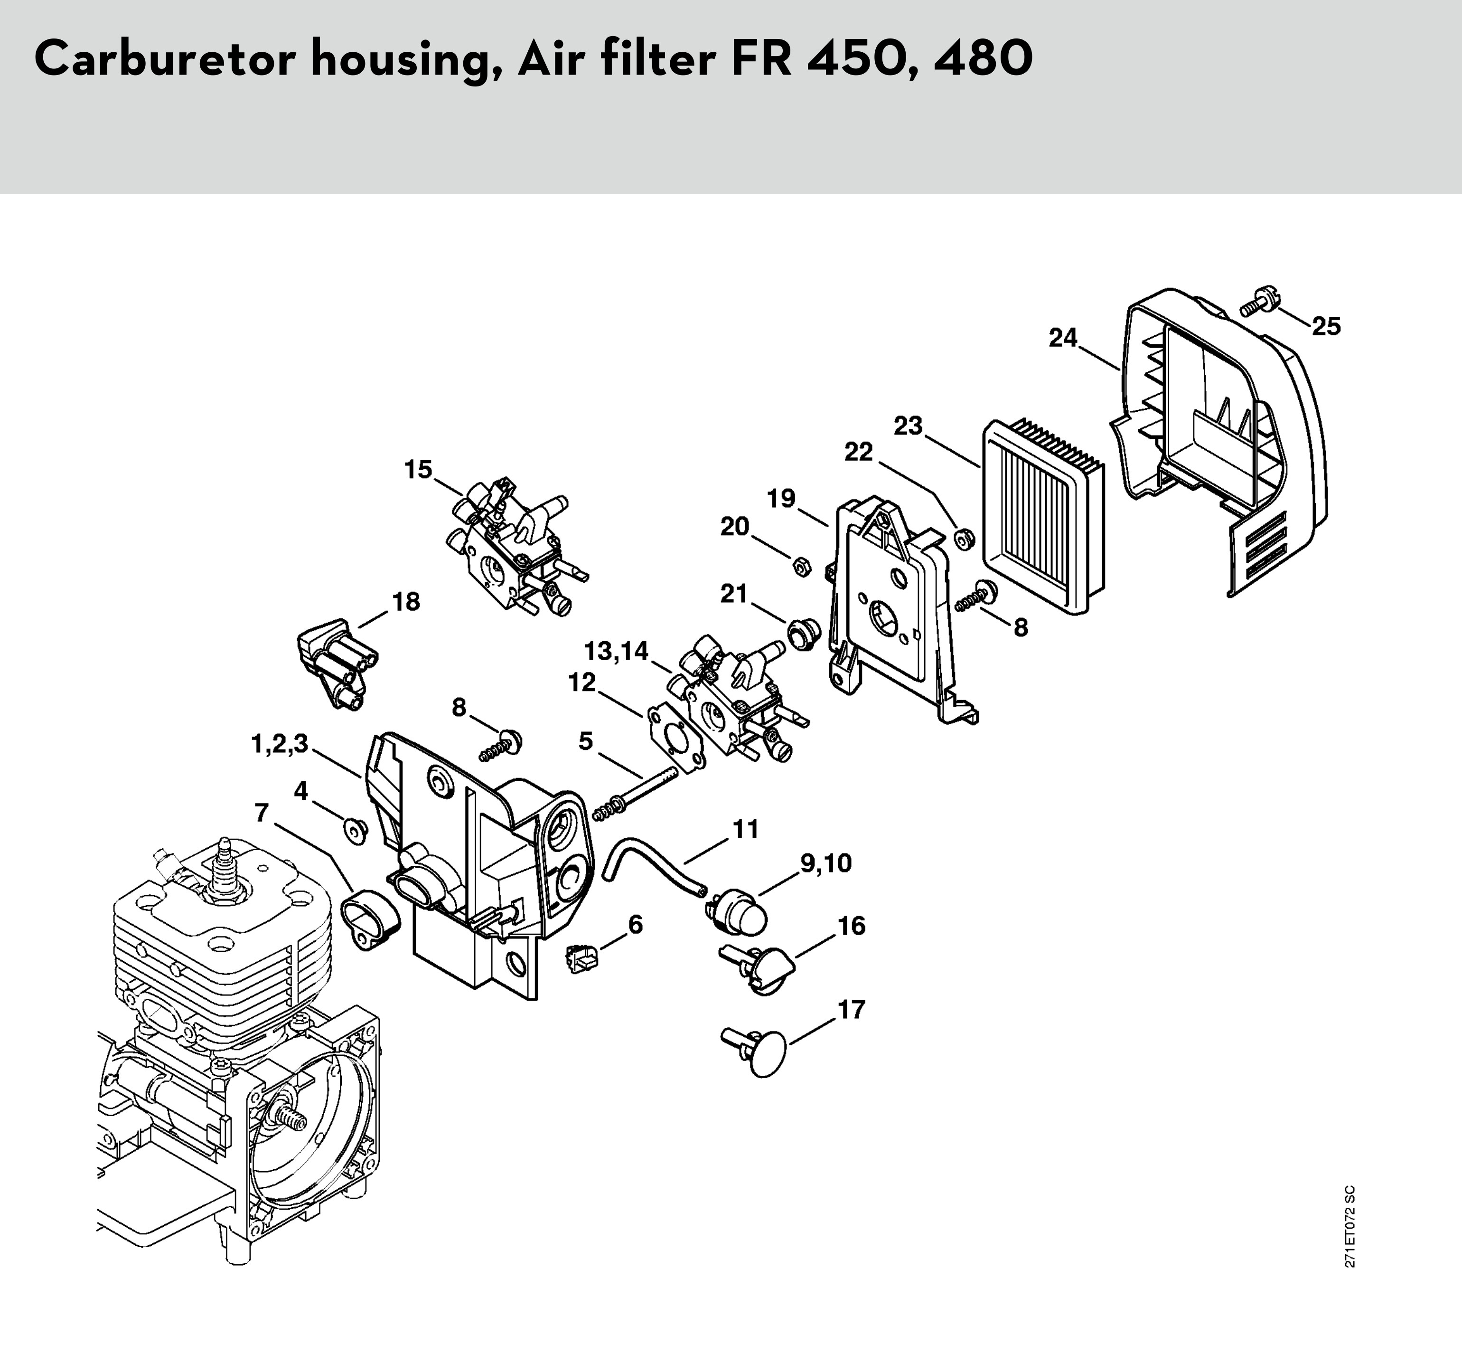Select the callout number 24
pos(1063,339)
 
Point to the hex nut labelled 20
pos(800,565)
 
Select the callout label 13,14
pos(616,651)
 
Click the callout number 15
pos(419,469)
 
